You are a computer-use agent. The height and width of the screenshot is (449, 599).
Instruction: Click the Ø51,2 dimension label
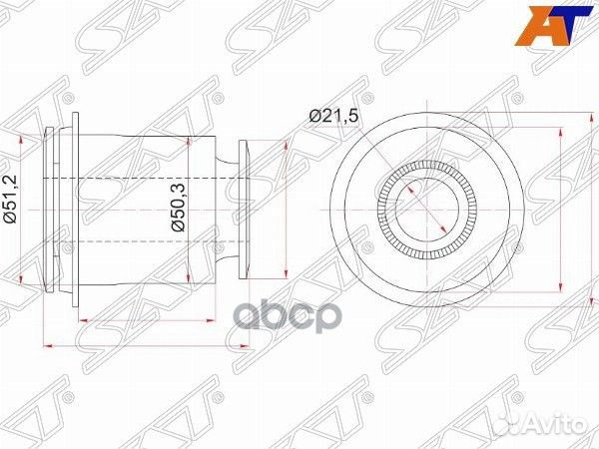tap(11, 204)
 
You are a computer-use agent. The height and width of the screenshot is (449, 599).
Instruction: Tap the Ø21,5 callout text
tap(332, 117)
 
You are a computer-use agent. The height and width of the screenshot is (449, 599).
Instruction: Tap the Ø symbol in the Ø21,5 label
tap(313, 117)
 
